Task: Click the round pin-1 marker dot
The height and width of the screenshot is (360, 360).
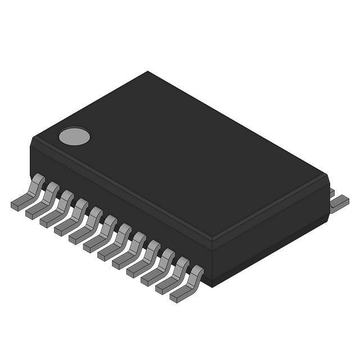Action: (x=74, y=136)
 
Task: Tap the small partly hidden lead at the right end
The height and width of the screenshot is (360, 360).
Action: (x=331, y=192)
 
